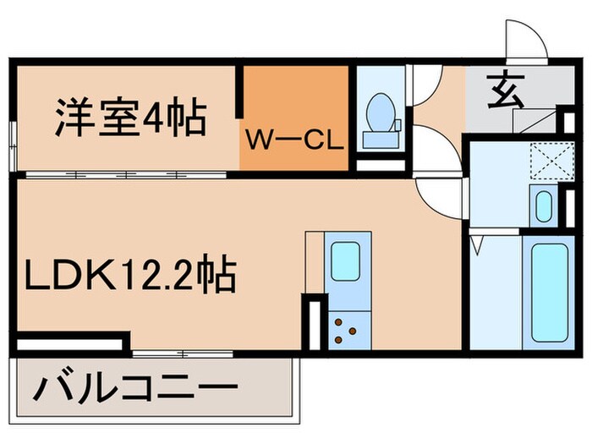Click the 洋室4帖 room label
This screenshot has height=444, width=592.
[x=130, y=119]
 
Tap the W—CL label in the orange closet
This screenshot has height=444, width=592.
[x=293, y=139]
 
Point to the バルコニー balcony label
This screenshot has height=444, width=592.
[x=135, y=391]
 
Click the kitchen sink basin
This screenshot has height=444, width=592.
[x=344, y=261]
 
